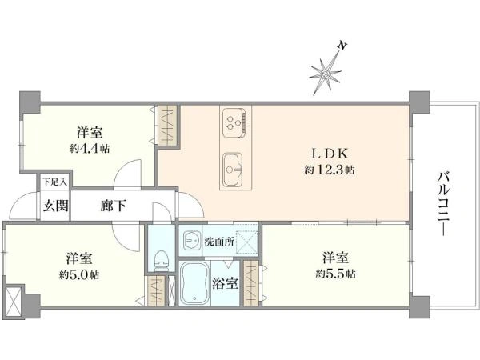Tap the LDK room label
[x=329, y=153]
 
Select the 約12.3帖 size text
[x=329, y=170]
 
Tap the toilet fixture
[x=162, y=258]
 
